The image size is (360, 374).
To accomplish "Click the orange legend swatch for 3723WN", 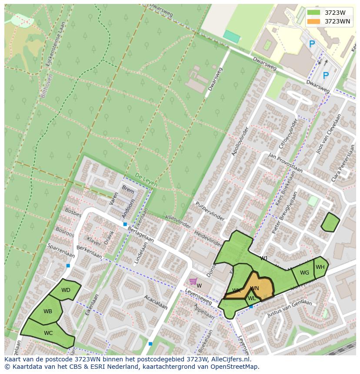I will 313,21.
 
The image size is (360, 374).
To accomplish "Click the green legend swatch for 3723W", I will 313,13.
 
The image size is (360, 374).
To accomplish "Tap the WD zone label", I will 66,290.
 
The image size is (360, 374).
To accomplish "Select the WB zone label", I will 48,311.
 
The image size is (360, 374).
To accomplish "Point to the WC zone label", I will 48,333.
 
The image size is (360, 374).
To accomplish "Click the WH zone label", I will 320,267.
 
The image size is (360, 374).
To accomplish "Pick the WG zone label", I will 304,273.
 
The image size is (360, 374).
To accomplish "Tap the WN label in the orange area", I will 255,288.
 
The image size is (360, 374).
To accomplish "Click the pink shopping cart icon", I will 193,281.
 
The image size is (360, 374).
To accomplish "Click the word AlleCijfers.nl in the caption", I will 229,360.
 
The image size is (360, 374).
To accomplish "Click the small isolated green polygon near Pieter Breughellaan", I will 330,222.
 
